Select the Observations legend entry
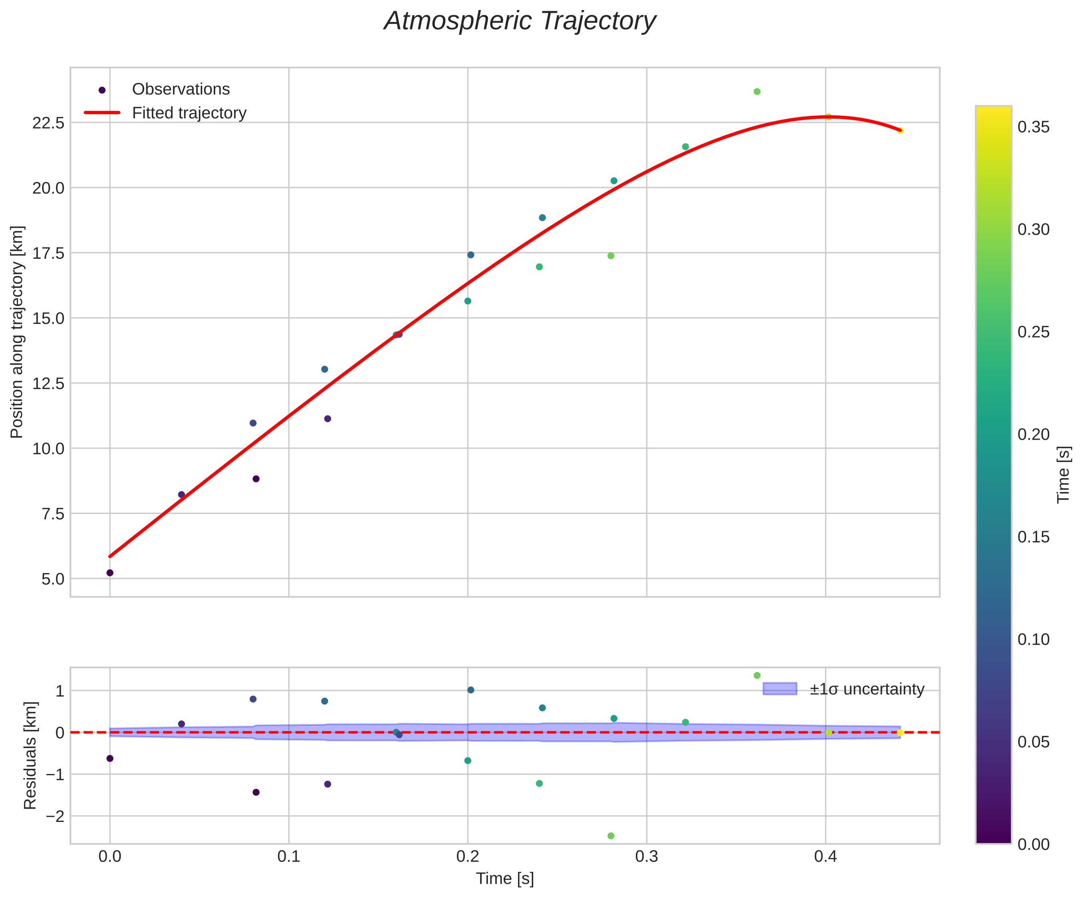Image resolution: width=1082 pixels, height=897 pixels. [180, 89]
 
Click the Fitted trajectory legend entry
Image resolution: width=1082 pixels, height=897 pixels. [189, 113]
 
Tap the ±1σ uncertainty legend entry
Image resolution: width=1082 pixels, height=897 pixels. [867, 689]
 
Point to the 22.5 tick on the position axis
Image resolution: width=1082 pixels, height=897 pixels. [48, 123]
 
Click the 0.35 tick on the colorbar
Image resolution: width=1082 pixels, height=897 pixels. [1033, 127]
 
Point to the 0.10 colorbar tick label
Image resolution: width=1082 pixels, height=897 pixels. [1033, 639]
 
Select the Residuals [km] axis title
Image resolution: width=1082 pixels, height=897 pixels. [30, 755]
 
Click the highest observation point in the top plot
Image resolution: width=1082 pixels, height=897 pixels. [757, 91]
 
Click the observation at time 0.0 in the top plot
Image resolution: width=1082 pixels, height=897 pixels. [110, 573]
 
